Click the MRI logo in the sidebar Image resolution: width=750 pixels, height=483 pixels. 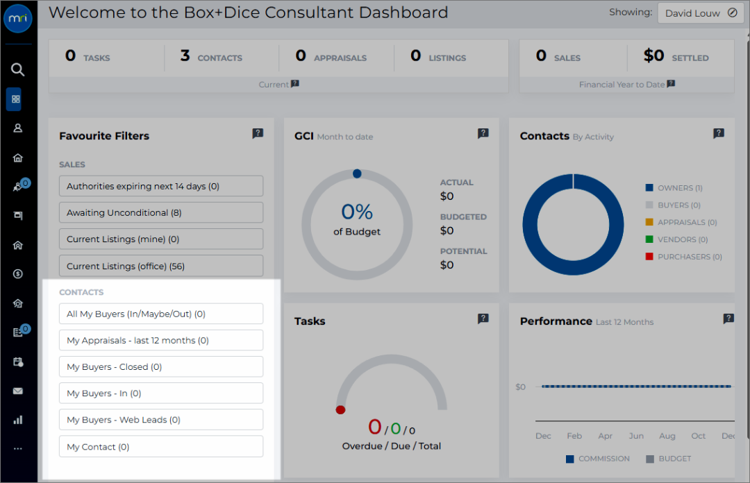17,19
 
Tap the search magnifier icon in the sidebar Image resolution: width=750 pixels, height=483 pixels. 17,70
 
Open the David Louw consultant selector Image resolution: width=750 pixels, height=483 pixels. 701,13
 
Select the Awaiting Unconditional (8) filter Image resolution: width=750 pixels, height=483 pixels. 161,212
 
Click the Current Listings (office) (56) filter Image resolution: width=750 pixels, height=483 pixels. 161,266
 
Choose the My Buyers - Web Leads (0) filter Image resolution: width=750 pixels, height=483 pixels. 161,419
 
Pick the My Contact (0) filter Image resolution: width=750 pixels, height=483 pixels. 161,446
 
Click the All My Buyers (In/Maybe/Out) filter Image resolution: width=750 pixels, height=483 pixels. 161,314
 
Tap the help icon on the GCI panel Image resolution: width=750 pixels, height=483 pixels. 483,133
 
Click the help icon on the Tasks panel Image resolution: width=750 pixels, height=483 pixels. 483,319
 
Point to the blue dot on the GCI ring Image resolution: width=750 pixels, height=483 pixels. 357,173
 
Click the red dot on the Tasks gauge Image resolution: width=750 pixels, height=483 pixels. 340,410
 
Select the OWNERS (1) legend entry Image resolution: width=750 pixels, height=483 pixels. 674,188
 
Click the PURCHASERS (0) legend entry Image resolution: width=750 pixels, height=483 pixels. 683,257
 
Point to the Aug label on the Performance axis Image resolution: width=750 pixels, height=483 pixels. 667,436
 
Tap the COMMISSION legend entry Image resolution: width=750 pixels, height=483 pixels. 597,459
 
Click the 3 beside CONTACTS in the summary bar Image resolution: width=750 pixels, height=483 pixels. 185,56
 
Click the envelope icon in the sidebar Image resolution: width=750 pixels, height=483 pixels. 17,391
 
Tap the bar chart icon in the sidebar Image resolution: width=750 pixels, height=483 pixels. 17,420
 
